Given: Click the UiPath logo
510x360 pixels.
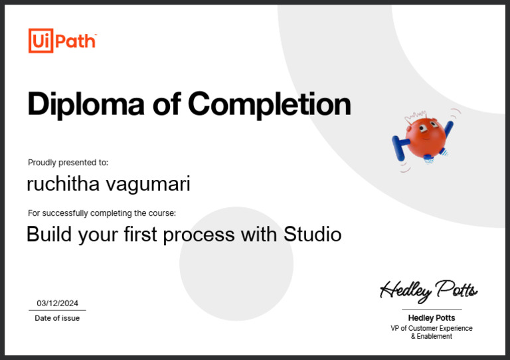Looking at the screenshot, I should [62, 41].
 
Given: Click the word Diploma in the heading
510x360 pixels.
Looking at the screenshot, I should [86, 104].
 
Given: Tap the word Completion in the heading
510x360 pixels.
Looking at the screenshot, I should [269, 104].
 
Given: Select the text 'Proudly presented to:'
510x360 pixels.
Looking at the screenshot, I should [68, 163].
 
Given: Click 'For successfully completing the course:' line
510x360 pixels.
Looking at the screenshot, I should [102, 213].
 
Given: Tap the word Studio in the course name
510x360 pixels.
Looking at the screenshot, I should [312, 234].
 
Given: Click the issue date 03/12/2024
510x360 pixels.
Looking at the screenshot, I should [57, 303].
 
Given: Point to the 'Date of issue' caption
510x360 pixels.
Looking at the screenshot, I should [57, 318].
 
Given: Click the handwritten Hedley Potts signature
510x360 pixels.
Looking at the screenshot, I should [428, 290].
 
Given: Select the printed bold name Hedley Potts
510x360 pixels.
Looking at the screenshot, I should [432, 318].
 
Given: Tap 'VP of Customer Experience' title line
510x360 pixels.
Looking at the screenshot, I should [432, 328].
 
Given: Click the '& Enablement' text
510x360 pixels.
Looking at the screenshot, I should [432, 337].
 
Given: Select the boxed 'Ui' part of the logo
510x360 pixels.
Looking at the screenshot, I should [40, 41].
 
